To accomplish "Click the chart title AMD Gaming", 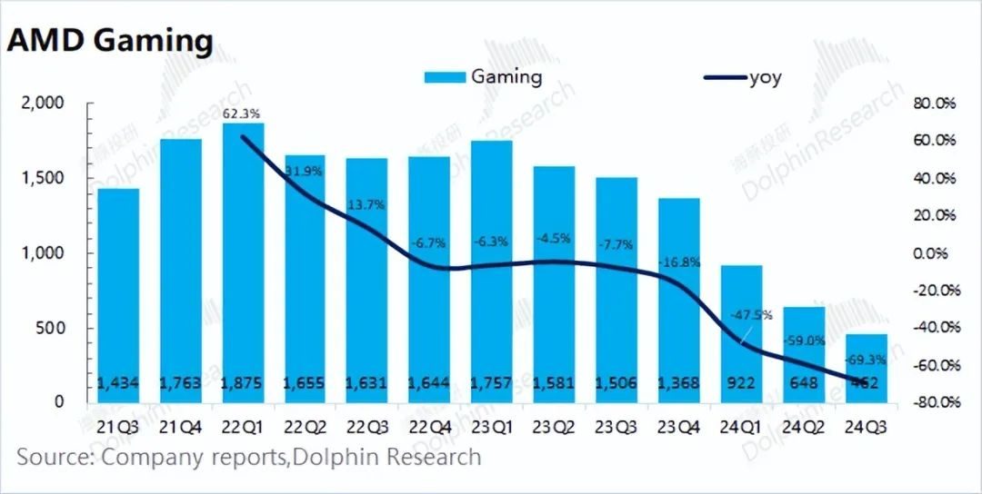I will click(110, 40).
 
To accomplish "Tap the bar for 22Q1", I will click(242, 263).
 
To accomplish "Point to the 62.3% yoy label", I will click(242, 114).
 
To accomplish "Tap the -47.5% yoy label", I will click(751, 315).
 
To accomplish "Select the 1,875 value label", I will click(242, 384).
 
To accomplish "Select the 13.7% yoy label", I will click(366, 205).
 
